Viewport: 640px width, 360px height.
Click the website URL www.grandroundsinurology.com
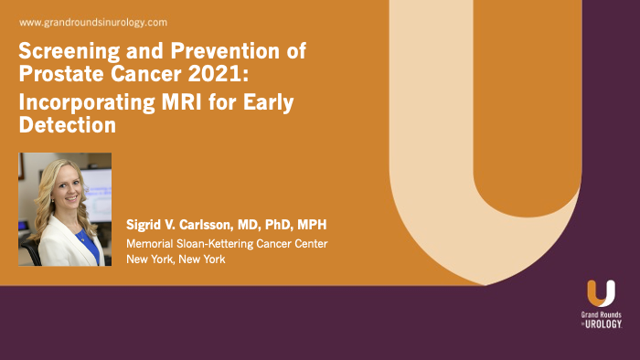(92, 21)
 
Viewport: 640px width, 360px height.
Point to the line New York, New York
(175, 259)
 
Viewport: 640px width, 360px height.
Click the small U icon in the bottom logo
(600, 293)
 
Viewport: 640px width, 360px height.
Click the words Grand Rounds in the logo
(601, 315)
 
